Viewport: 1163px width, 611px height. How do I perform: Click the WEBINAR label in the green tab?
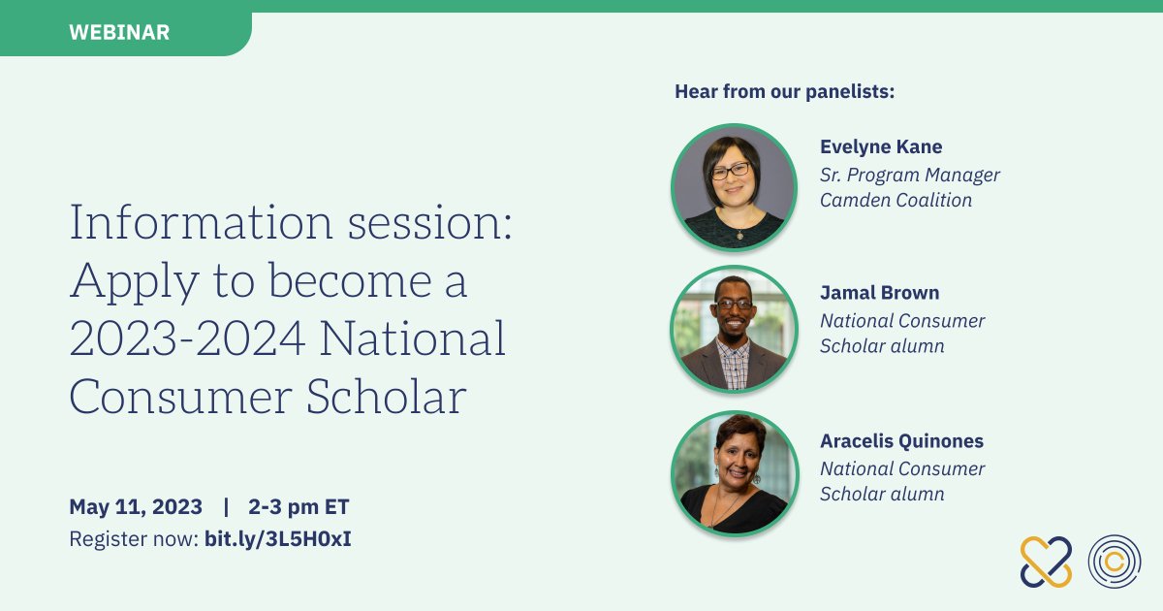(119, 32)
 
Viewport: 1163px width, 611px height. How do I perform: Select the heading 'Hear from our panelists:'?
(784, 91)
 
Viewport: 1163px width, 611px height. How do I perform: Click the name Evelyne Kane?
(881, 146)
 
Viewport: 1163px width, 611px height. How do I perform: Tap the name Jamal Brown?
(880, 293)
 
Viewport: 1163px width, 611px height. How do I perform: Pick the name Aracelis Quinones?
(902, 440)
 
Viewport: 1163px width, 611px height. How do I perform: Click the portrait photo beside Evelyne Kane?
(735, 187)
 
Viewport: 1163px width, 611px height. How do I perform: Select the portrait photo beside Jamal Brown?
(735, 329)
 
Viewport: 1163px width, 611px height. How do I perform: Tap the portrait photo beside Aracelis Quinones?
(735, 473)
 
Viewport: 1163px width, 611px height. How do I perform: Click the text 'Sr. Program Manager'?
(910, 176)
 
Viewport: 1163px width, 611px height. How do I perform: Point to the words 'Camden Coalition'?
(896, 200)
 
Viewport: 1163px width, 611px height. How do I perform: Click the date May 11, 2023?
(136, 507)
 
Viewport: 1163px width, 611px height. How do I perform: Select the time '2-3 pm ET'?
(299, 507)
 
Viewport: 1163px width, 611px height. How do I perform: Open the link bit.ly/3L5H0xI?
(278, 539)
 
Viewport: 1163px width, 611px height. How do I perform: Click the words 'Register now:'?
(134, 539)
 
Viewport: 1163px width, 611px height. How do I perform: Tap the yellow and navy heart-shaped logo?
(1046, 562)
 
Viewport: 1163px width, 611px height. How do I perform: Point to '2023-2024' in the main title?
(187, 338)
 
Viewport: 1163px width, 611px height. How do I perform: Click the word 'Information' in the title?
(201, 222)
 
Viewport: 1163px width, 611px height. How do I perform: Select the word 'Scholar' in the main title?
(387, 397)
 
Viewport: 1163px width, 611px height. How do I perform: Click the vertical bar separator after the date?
(226, 507)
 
